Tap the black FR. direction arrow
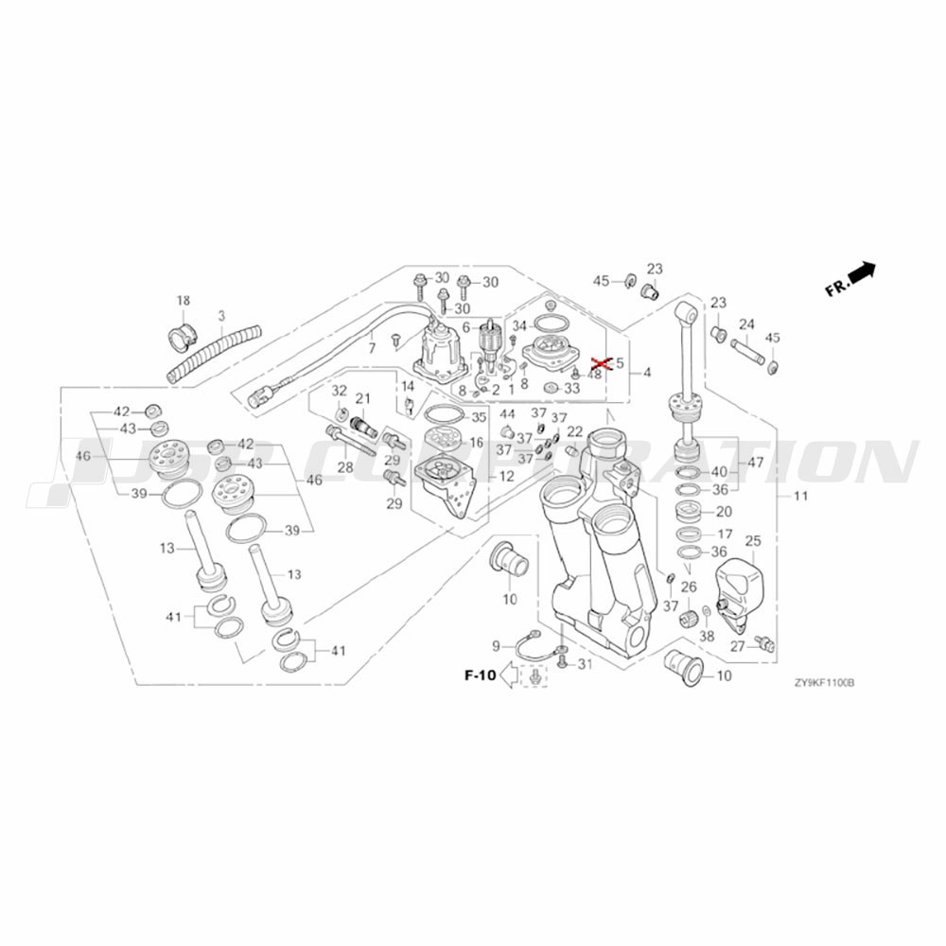tap(862, 272)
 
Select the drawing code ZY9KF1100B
tap(824, 682)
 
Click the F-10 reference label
tap(480, 674)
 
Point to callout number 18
tap(183, 301)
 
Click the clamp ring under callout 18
tap(182, 334)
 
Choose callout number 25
tap(753, 541)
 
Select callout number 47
tap(756, 464)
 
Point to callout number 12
tap(507, 477)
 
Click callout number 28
tap(345, 467)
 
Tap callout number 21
tap(363, 398)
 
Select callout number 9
tap(495, 646)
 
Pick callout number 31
tap(585, 664)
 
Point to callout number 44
tap(507, 414)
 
